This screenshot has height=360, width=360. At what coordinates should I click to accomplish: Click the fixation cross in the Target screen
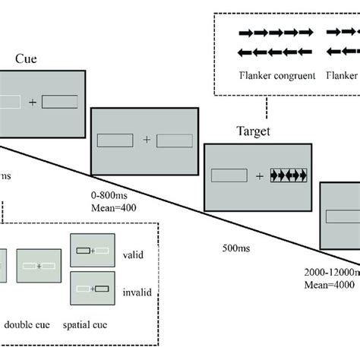pyautogui.click(x=259, y=176)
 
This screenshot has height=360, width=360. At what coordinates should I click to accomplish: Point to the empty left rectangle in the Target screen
pyautogui.click(x=229, y=176)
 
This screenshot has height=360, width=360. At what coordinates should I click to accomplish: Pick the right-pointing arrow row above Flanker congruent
pyautogui.click(x=275, y=33)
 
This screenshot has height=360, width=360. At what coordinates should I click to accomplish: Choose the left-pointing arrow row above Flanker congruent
pyautogui.click(x=275, y=52)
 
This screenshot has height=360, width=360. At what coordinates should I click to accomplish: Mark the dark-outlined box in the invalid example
pyautogui.click(x=102, y=289)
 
